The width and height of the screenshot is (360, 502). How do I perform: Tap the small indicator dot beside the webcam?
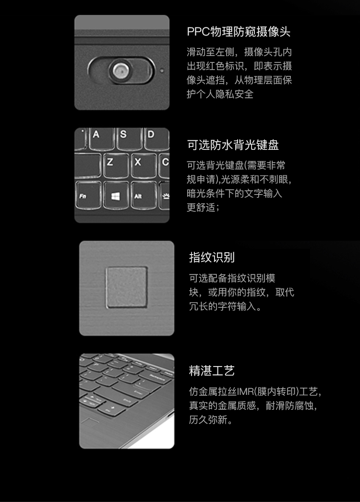[162, 70]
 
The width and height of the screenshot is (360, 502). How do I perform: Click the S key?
[129, 138]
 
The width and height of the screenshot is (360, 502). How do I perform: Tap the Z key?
[116, 166]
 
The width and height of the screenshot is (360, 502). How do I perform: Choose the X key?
[144, 166]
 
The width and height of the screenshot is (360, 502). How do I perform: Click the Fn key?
[88, 196]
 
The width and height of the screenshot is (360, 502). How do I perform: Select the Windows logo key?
[116, 196]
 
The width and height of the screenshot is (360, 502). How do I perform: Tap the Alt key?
[144, 196]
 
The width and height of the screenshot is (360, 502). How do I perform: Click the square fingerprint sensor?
[127, 287]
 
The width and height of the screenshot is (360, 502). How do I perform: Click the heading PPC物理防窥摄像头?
[239, 32]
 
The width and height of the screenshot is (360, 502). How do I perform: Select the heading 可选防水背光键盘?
[233, 145]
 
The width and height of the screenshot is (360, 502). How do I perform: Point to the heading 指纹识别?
[212, 257]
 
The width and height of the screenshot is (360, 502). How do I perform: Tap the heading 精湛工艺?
[212, 371]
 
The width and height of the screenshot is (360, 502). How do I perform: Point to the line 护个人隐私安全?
[220, 94]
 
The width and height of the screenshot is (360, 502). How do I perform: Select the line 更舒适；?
[203, 207]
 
